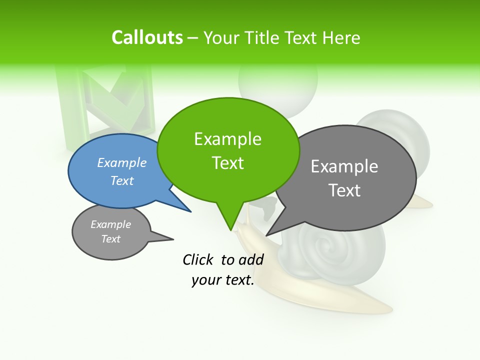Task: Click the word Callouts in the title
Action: click(147, 37)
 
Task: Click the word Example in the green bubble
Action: click(227, 139)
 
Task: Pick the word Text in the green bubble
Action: click(227, 163)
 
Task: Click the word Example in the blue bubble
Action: click(122, 162)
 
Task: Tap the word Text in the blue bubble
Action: click(122, 180)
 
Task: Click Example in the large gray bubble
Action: click(344, 166)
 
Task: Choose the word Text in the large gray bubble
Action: click(344, 190)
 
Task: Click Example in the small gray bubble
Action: click(110, 224)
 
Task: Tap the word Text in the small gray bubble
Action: click(110, 239)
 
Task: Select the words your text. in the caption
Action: click(223, 280)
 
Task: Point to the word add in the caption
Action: click(251, 259)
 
